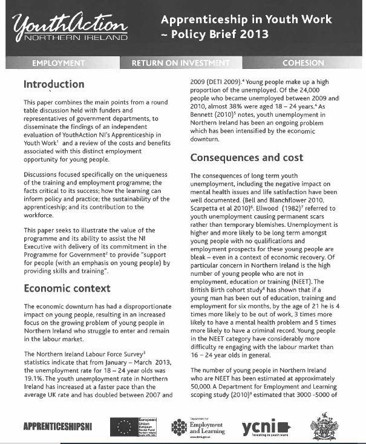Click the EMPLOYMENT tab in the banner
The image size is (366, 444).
point(57,63)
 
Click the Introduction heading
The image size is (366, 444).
point(53,84)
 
